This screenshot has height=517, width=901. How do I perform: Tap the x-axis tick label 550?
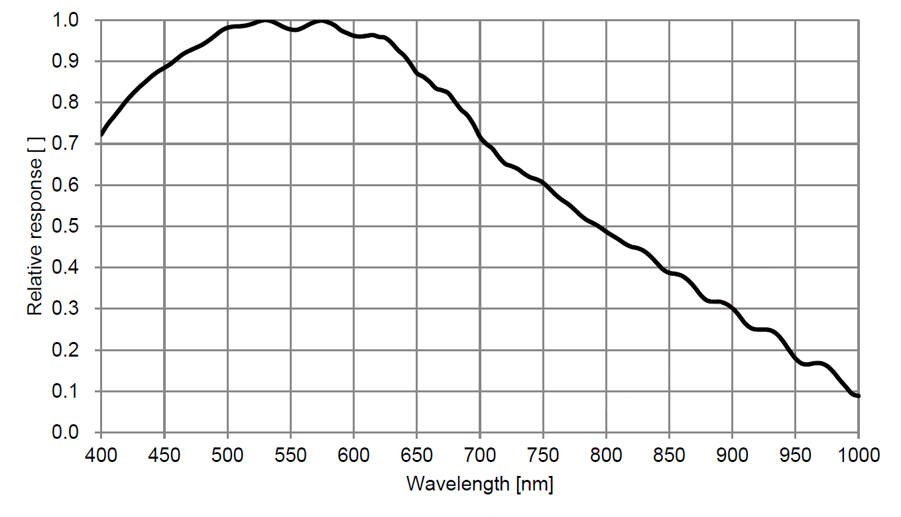(x=290, y=455)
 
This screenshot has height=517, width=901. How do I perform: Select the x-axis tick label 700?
(x=479, y=455)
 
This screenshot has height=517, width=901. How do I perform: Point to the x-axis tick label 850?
(x=669, y=455)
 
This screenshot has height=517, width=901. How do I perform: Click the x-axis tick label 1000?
(x=858, y=455)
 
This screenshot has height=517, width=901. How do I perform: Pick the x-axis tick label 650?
(x=416, y=455)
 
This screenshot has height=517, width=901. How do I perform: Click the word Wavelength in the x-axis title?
(x=458, y=484)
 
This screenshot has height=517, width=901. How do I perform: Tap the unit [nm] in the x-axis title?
(x=534, y=484)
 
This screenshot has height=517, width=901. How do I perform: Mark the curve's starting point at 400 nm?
(x=101, y=135)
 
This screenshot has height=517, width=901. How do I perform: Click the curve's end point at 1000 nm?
(x=858, y=396)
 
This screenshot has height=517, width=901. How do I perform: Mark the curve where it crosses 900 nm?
(x=732, y=308)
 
